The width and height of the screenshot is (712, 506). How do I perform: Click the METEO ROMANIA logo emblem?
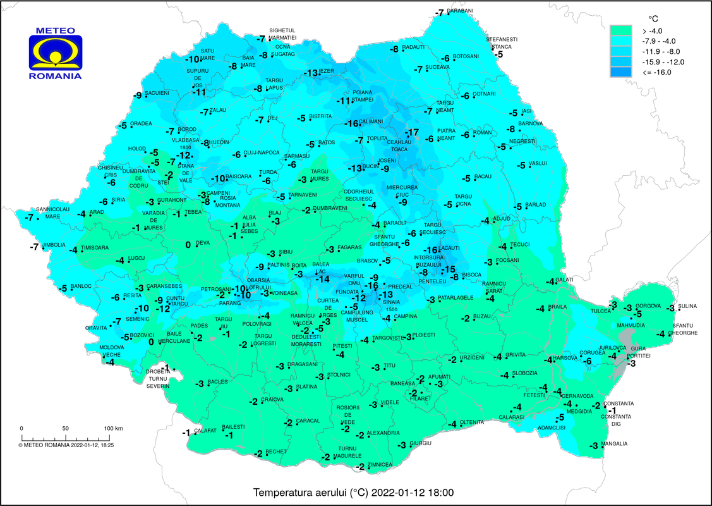tap(55, 54)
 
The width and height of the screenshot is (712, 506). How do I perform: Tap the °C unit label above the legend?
tap(654, 18)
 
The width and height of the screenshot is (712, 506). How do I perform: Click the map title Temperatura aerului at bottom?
tap(353, 492)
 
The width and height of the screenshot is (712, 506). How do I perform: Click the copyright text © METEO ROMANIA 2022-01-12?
tap(70, 445)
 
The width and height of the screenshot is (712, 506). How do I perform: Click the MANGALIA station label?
tap(614, 444)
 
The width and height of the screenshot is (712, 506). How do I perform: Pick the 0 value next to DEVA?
tap(188, 245)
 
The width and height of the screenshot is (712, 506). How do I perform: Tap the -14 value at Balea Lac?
tap(322, 279)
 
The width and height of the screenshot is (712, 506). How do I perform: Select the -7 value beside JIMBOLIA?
tap(33, 246)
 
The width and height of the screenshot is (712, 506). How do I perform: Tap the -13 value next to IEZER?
tap(311, 73)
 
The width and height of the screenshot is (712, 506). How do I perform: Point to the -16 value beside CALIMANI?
tap(351, 123)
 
